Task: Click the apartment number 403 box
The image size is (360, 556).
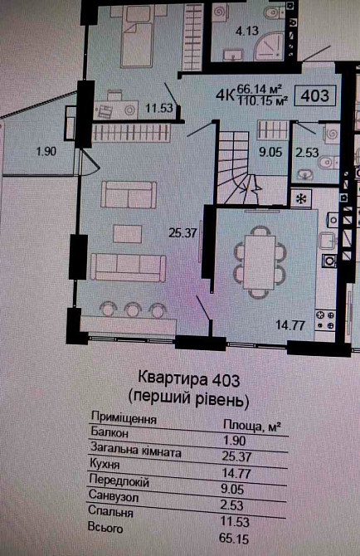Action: (316, 95)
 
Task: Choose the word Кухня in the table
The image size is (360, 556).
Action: (105, 469)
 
